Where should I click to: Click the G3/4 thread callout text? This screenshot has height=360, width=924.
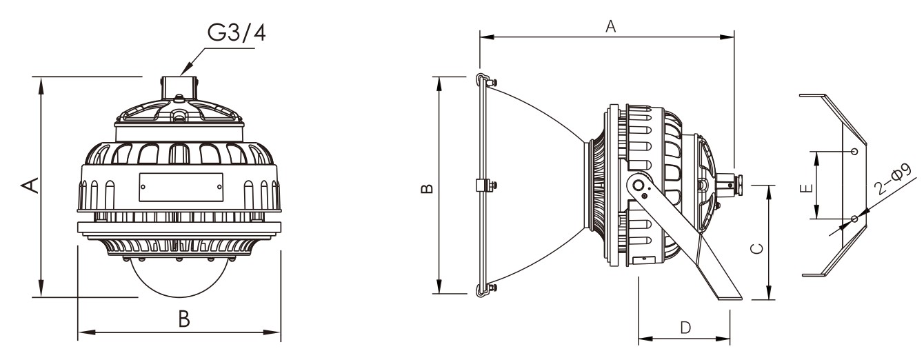point(237,32)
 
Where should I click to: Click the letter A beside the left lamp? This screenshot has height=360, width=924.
point(30,185)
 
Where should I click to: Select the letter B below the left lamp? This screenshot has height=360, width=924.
point(184,319)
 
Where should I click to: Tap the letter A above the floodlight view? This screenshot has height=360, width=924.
point(610,26)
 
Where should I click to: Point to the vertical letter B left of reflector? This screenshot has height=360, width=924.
point(427,188)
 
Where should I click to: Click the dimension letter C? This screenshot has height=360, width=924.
point(756,249)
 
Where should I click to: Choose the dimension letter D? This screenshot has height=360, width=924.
point(685,328)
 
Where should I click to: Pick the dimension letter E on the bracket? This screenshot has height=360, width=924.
point(806,188)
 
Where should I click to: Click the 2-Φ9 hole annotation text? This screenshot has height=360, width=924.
point(894,179)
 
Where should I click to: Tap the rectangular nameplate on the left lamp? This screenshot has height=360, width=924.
point(181,187)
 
